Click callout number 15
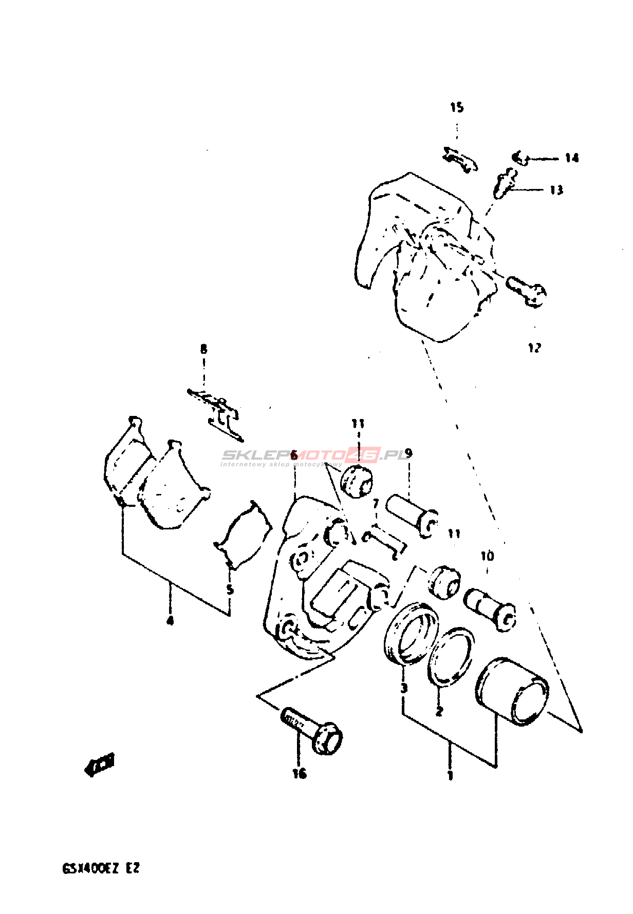457,107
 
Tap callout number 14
572,158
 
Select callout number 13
556,190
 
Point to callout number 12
534,348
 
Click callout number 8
204,350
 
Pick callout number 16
300,773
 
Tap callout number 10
487,556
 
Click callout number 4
170,621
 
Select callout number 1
450,775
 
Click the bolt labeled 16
313,729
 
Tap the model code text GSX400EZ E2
101,868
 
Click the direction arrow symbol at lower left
100,765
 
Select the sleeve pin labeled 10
490,607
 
